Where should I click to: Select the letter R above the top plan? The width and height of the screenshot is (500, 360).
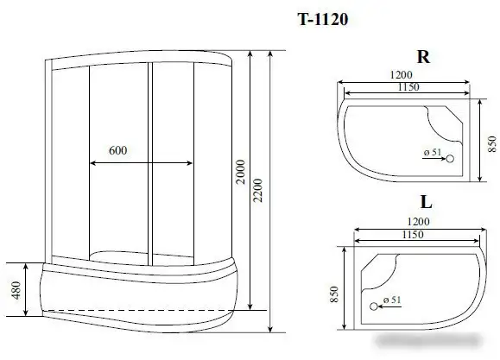[423, 58]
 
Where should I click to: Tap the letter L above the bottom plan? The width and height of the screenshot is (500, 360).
[426, 205]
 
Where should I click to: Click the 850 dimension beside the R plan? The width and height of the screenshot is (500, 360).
[491, 142]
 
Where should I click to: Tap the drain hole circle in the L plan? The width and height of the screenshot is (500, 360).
[375, 305]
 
